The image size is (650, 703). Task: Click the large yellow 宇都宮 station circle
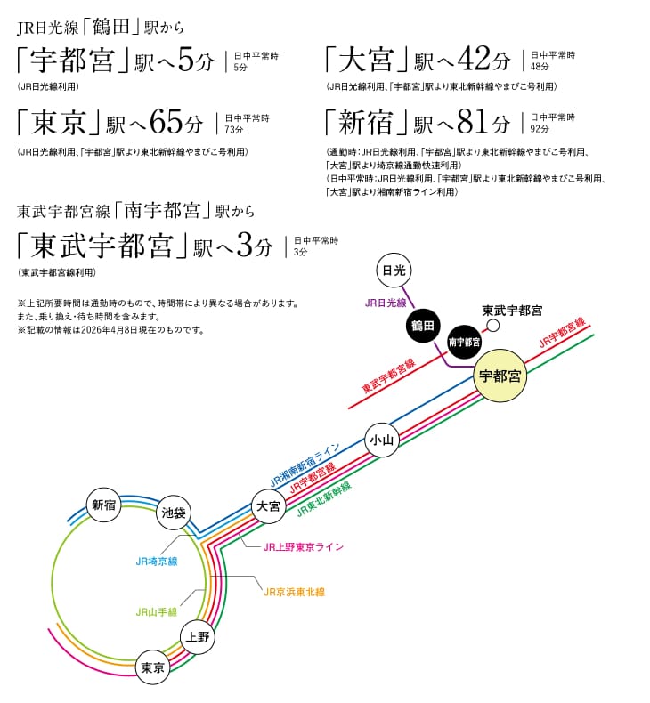click(x=500, y=376)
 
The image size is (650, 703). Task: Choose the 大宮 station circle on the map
click(x=268, y=505)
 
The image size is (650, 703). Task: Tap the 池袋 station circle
click(x=173, y=513)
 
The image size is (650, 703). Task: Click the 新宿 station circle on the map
click(x=104, y=505)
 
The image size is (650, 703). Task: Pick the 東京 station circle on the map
click(x=153, y=668)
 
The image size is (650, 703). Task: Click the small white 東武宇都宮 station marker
click(x=518, y=326)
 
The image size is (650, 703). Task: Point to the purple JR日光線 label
click(x=386, y=303)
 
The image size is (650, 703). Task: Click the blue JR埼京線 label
click(x=157, y=562)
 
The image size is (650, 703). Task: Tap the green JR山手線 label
click(x=156, y=612)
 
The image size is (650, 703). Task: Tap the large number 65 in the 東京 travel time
click(x=167, y=121)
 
